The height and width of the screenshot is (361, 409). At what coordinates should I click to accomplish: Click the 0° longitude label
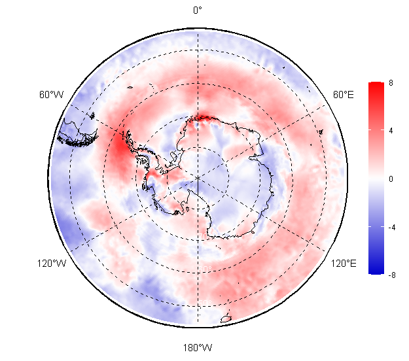(198, 10)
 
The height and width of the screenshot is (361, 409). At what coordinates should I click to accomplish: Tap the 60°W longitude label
(52, 95)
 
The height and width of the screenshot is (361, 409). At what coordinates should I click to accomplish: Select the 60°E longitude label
(344, 95)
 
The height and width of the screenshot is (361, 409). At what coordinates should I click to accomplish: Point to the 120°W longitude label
(52, 264)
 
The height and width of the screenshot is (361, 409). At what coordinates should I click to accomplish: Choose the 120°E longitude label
(344, 264)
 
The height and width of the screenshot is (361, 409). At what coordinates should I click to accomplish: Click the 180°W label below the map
(198, 348)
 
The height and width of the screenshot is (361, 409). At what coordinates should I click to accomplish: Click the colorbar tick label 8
(391, 83)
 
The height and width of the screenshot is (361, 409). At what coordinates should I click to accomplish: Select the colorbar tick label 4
(391, 131)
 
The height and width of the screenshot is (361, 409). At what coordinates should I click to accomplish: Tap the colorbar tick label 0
(391, 179)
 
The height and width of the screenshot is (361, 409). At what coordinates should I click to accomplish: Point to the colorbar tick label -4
(392, 228)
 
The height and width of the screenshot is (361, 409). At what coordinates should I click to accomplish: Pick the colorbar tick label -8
(392, 275)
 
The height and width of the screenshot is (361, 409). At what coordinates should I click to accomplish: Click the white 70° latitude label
(204, 236)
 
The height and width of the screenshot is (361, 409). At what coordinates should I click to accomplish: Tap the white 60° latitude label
(205, 269)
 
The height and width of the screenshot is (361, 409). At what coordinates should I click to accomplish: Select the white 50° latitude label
(205, 303)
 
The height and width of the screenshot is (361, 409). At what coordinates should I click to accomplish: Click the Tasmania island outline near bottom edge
(226, 318)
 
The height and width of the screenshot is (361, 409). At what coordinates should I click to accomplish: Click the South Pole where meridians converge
(198, 178)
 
